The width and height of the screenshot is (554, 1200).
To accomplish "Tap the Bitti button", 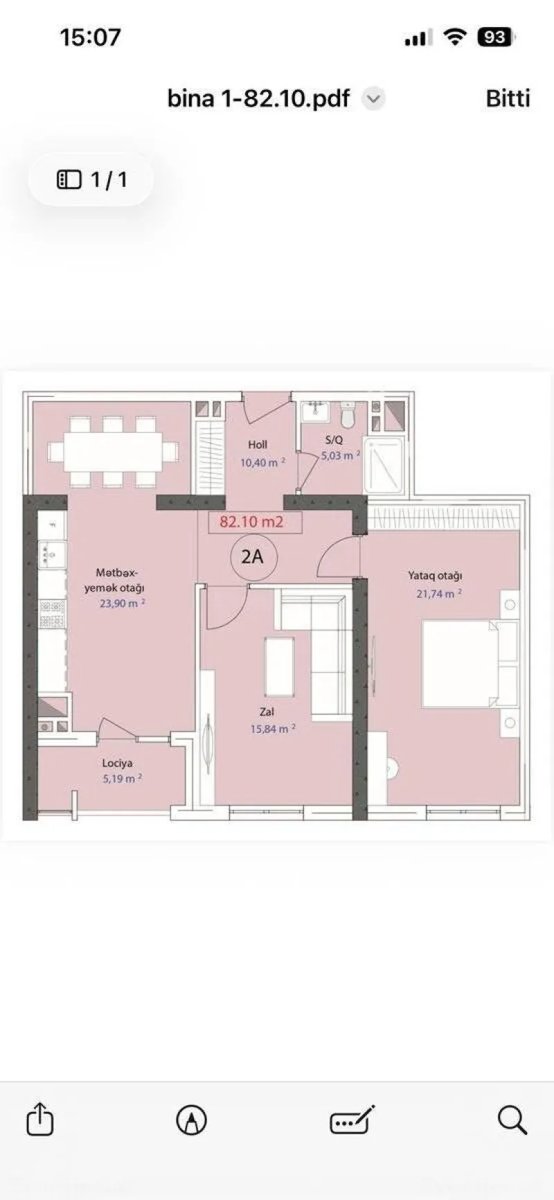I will tap(508, 98).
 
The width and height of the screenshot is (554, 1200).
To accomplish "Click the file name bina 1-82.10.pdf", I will tap(258, 98).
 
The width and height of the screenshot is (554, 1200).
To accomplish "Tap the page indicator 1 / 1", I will tap(91, 180).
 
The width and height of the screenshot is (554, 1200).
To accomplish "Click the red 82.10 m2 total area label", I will tap(252, 522).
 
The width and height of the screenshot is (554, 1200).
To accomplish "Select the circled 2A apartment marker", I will tap(252, 556).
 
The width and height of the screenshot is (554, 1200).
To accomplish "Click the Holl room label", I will tap(258, 445).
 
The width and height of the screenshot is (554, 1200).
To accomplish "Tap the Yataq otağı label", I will tap(435, 576).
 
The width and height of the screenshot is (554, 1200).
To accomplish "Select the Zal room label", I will tap(267, 712).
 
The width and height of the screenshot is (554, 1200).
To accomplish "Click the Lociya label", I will tap(117, 763).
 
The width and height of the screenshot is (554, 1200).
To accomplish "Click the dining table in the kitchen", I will tap(113, 452).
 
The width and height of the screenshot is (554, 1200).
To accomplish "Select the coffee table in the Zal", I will tap(279, 667).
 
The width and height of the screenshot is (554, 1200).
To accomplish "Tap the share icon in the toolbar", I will tap(39, 1118).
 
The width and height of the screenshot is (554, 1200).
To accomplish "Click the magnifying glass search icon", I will tap(512, 1119).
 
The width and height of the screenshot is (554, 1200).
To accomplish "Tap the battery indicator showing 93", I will tap(494, 37).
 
